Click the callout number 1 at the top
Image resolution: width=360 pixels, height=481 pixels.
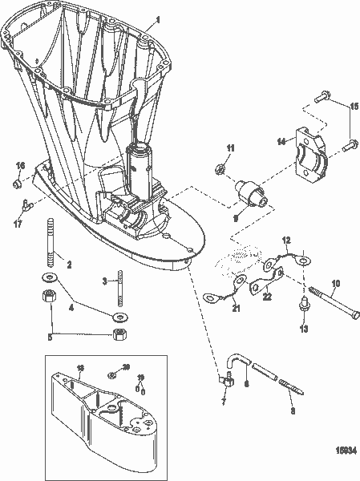(157, 18)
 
